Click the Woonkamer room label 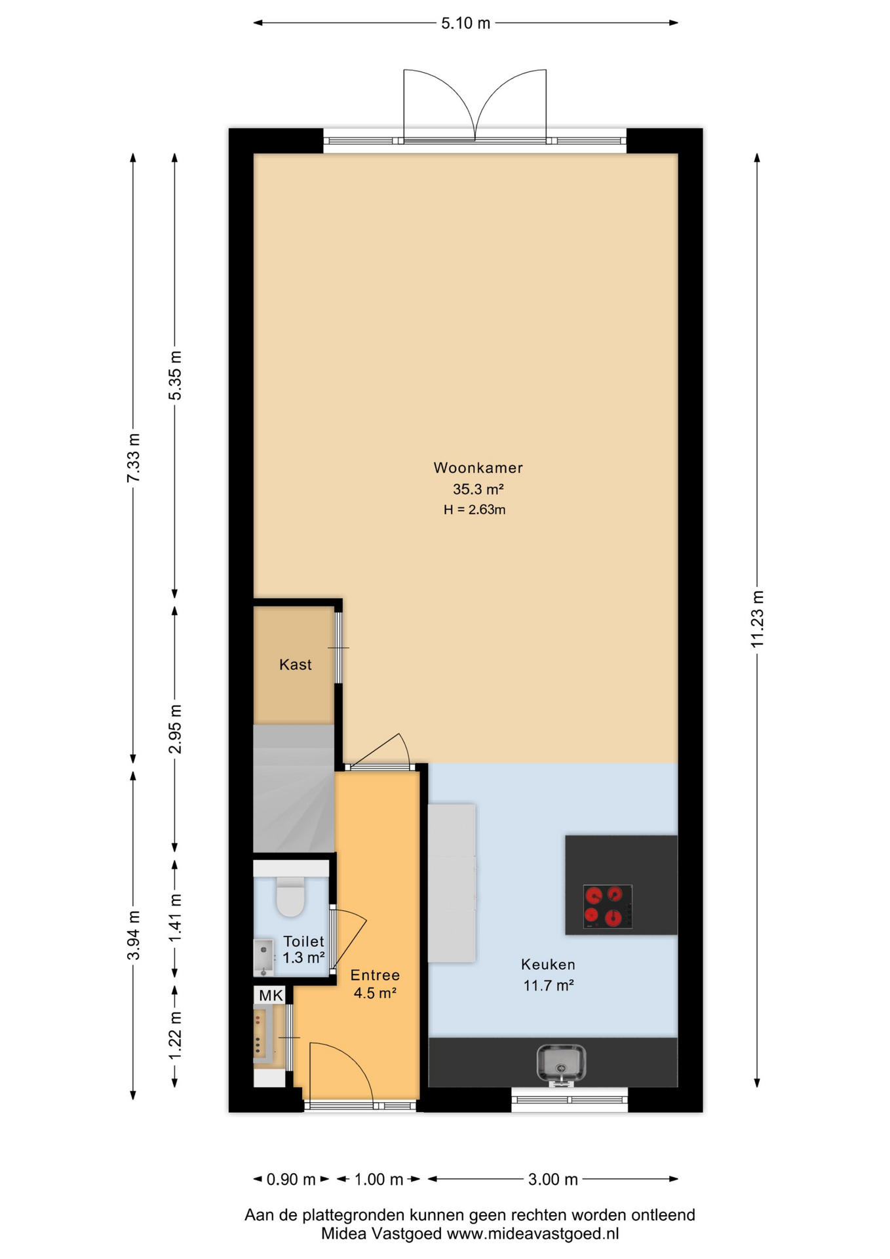tap(478, 468)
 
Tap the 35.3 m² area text tap(478, 489)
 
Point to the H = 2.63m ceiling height tap(474, 510)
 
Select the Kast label tap(295, 664)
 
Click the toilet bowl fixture tap(291, 896)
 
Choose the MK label tap(271, 995)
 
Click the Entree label tap(375, 975)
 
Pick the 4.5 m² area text tap(375, 993)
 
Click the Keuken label tap(548, 965)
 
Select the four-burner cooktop tap(608, 907)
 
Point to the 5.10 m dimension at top tap(465, 24)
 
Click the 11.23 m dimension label tap(757, 619)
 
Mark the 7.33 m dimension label tap(133, 458)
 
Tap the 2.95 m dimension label tap(175, 729)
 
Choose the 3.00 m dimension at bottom tap(553, 1180)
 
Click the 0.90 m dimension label tap(291, 1180)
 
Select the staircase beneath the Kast tap(294, 788)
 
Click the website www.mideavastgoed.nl tap(533, 1233)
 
